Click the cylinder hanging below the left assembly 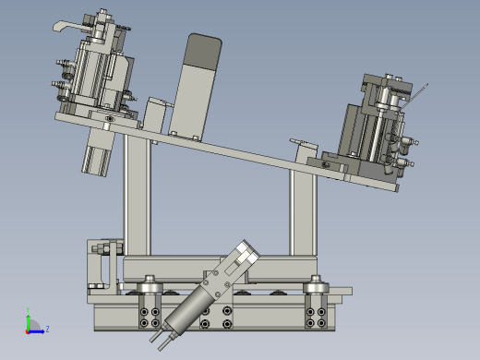[98, 150]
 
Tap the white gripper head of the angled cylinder [242, 259]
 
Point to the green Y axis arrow [28, 319]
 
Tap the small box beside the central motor [155, 113]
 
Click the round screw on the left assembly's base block [111, 118]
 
